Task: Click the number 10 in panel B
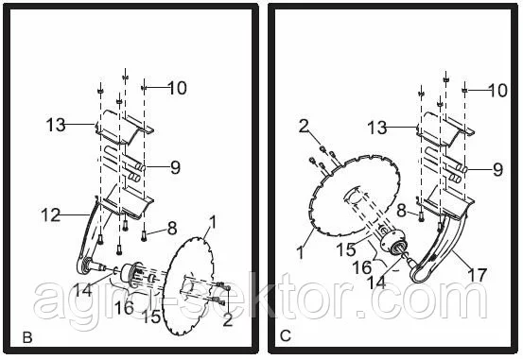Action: [177, 88]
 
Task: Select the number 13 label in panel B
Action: [56, 125]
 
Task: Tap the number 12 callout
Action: [51, 215]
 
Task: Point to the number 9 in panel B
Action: [175, 167]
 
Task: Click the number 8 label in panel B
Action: [172, 229]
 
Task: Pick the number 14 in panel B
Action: [82, 290]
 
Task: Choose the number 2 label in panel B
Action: [228, 319]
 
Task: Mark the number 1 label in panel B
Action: [213, 222]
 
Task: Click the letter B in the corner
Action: [27, 337]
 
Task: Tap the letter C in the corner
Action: [286, 336]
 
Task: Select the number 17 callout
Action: [478, 275]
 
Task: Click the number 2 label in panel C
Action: [304, 127]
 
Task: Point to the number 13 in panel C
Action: [377, 128]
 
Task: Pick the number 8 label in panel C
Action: [402, 211]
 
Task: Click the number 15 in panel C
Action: [346, 249]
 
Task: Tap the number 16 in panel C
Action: [362, 267]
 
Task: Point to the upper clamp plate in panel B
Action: [124, 128]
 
